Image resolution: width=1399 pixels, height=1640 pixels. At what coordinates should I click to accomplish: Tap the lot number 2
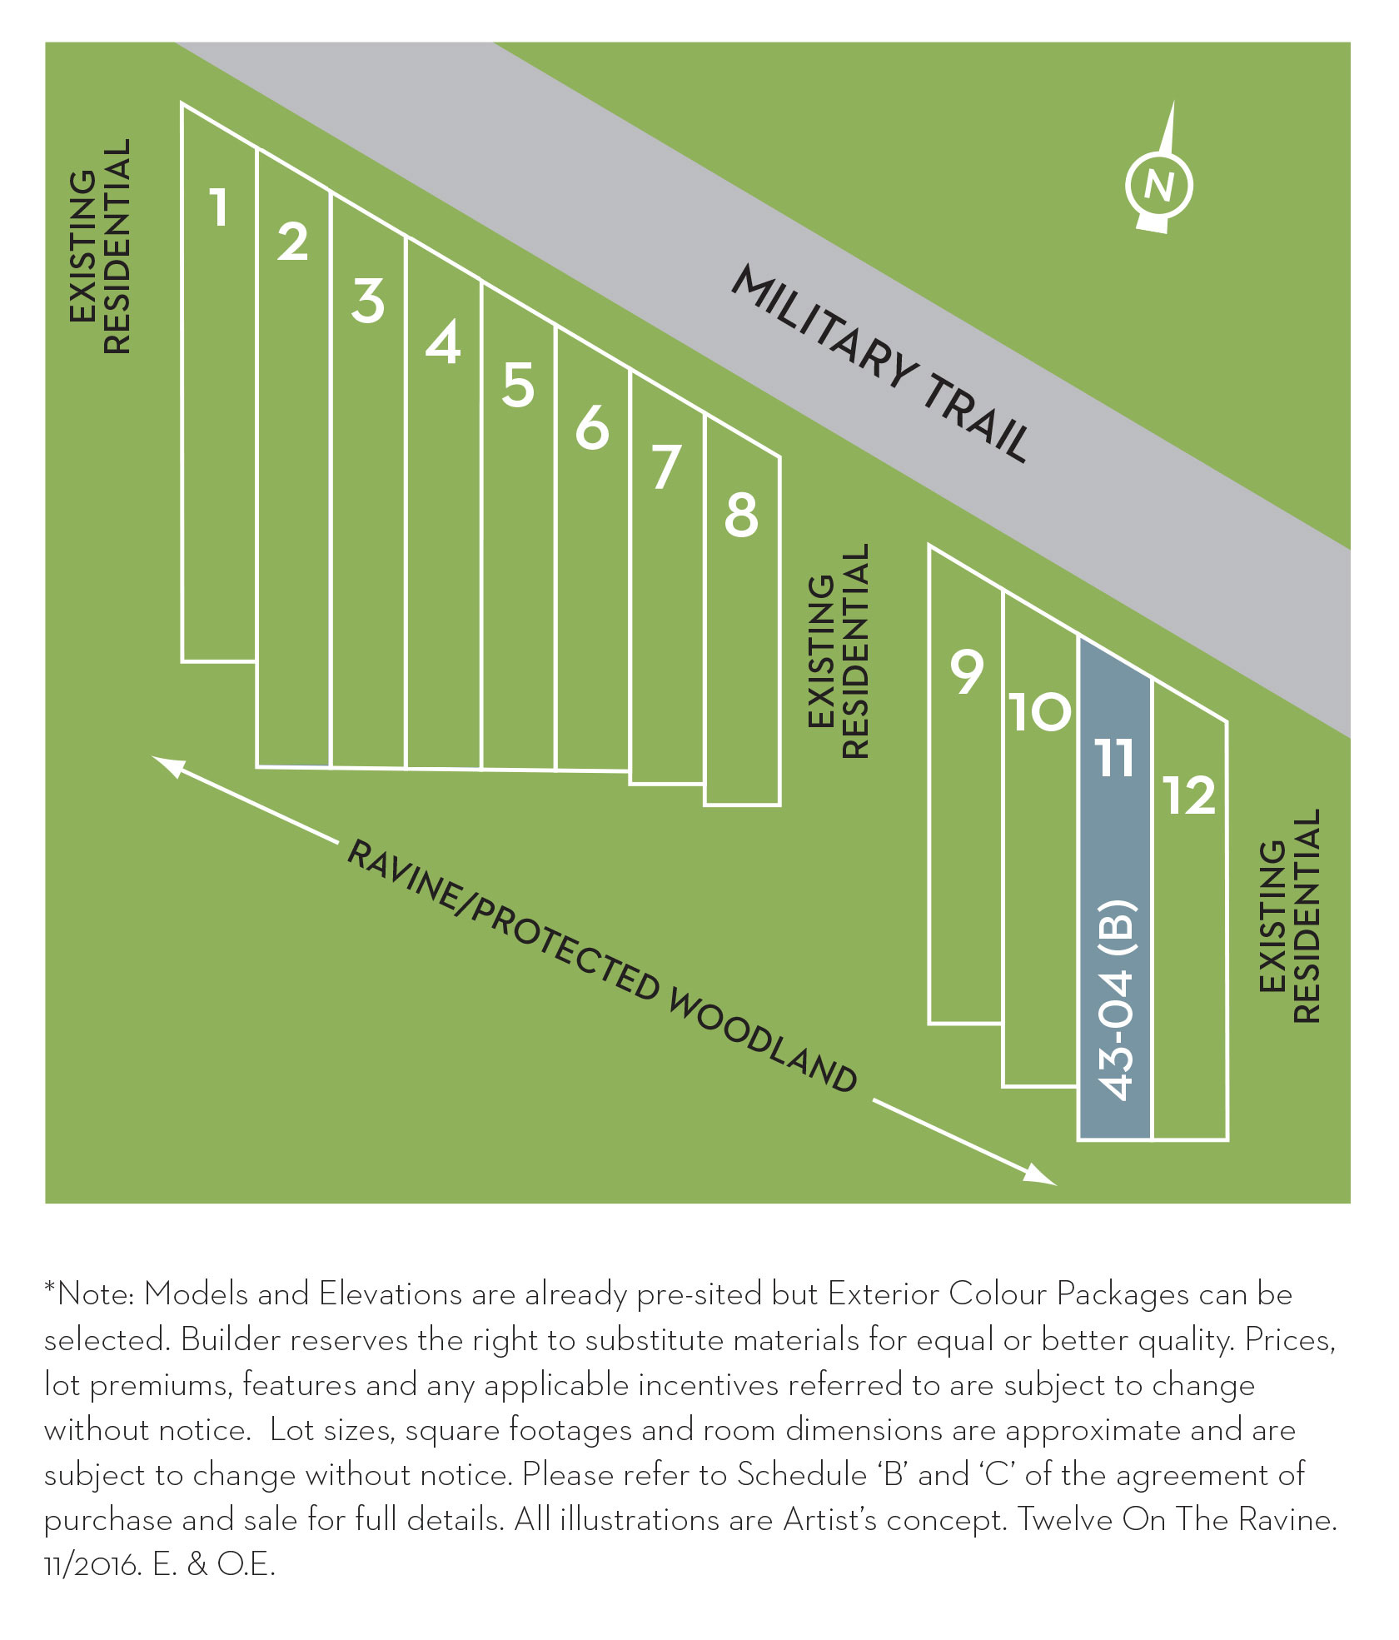292,242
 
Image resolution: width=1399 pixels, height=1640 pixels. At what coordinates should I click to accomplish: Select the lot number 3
367,301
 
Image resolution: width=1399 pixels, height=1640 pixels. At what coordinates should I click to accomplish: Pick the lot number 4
443,342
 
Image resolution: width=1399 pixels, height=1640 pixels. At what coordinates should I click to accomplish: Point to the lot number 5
517,385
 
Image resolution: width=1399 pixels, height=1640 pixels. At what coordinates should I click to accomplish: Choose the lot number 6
592,428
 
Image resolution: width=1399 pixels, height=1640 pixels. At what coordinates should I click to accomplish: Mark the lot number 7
666,468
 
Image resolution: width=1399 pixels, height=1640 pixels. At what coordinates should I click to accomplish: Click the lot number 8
741,515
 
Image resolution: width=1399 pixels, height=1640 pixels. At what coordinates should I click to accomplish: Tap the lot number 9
967,672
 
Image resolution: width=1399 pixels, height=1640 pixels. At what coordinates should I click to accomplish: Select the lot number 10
1040,712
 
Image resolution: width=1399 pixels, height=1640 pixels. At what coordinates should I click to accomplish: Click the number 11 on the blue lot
1115,758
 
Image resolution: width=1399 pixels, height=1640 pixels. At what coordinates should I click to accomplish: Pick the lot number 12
1189,795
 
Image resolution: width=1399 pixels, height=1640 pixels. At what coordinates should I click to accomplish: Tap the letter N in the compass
1158,185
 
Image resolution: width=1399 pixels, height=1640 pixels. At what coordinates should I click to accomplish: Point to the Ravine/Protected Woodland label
601,966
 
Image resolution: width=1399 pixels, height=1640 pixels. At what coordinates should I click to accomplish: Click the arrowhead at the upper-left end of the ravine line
165,764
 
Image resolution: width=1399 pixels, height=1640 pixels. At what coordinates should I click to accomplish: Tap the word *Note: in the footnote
90,1295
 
